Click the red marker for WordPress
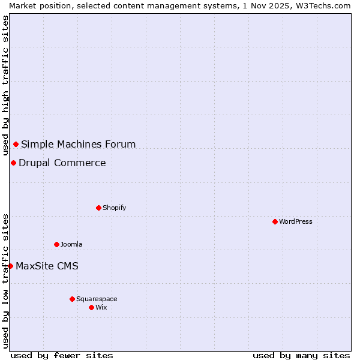pyautogui.click(x=275, y=221)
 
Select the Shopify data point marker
pyautogui.click(x=98, y=208)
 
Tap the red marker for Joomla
pyautogui.click(x=56, y=244)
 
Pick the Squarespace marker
pyautogui.click(x=72, y=299)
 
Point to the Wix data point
pyautogui.click(x=91, y=307)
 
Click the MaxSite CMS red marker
pyautogui.click(x=10, y=266)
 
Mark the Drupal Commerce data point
pyautogui.click(x=13, y=163)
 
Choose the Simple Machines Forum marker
pyautogui.click(x=16, y=144)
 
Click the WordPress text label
pyautogui.click(x=296, y=221)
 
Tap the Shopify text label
pyautogui.click(x=114, y=208)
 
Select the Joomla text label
pyautogui.click(x=71, y=244)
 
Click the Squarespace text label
pyautogui.click(x=97, y=299)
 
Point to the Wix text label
pyautogui.click(x=101, y=307)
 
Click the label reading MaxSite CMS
pyautogui.click(x=47, y=266)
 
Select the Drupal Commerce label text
pyautogui.click(x=62, y=163)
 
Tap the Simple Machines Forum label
pyautogui.click(x=79, y=144)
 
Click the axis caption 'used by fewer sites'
pyautogui.click(x=62, y=355)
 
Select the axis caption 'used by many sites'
pyautogui.click(x=301, y=355)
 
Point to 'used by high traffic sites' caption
pyautogui.click(x=5, y=86)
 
